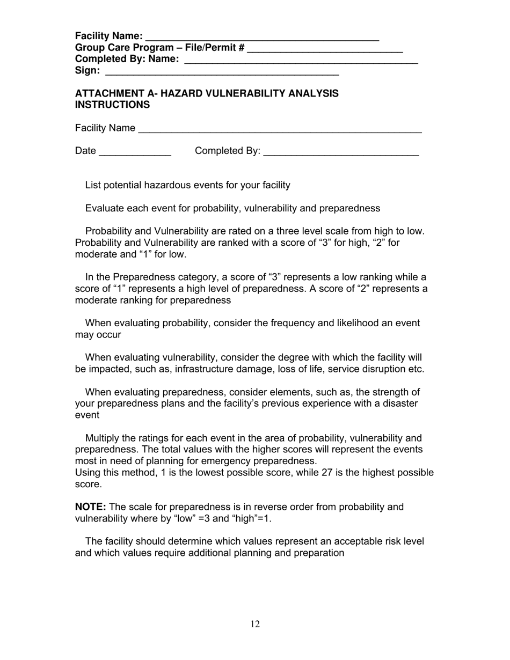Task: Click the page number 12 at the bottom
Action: pos(255,624)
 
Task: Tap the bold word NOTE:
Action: pos(90,507)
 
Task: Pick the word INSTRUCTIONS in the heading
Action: pos(112,105)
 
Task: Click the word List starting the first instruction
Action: pos(93,185)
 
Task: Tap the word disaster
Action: pos(400,404)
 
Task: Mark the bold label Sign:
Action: pos(88,70)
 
